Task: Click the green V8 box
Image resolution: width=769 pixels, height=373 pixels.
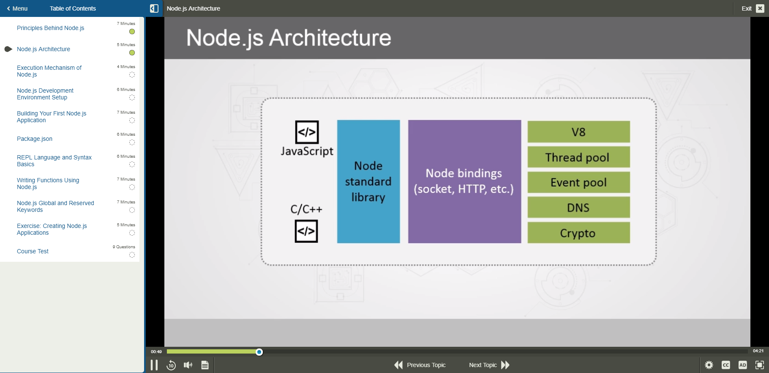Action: (x=578, y=132)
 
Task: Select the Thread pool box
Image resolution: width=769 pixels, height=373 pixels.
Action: (x=578, y=157)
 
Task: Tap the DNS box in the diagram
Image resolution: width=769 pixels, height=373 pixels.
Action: (x=578, y=208)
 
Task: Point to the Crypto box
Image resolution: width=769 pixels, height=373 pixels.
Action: (x=578, y=233)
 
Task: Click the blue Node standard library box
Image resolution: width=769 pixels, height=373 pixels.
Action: (x=368, y=181)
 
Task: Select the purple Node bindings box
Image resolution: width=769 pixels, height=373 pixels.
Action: (x=464, y=181)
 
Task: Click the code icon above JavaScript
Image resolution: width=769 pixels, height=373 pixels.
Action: (x=307, y=132)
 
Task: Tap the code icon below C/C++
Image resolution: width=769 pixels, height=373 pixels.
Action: (x=306, y=231)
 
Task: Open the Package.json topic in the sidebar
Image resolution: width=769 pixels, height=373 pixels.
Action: (x=35, y=139)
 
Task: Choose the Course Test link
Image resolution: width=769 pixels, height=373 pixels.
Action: (x=33, y=251)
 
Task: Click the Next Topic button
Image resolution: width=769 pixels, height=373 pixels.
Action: (x=489, y=365)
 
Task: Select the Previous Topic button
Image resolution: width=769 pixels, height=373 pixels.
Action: (x=420, y=365)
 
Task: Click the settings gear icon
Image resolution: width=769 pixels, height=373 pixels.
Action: (x=709, y=365)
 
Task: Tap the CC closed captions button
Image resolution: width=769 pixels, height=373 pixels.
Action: (x=726, y=365)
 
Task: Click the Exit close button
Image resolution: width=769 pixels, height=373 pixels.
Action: (x=760, y=8)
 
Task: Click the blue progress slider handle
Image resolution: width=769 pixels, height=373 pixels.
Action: (x=259, y=352)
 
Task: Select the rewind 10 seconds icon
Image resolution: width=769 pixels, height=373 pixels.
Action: (x=171, y=365)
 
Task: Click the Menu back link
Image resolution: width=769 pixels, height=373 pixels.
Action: (x=17, y=8)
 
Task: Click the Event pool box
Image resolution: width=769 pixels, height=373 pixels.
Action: (x=578, y=182)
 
